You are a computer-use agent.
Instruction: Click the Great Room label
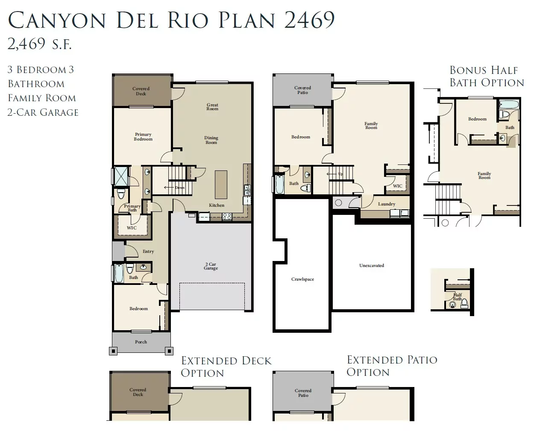pyautogui.click(x=212, y=107)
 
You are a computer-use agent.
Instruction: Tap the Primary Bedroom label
pyautogui.click(x=143, y=137)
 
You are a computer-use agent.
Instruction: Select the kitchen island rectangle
pyautogui.click(x=221, y=185)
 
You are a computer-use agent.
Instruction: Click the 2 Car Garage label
pyautogui.click(x=211, y=266)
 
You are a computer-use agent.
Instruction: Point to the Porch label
pyautogui.click(x=141, y=342)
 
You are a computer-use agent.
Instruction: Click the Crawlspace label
pyautogui.click(x=302, y=279)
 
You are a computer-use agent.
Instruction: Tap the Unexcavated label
pyautogui.click(x=372, y=265)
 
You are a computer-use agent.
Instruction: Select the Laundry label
pyautogui.click(x=387, y=204)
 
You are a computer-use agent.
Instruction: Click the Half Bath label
pyautogui.click(x=457, y=297)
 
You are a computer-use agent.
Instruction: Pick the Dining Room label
pyautogui.click(x=211, y=140)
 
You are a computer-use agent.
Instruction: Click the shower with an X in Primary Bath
pyautogui.click(x=121, y=176)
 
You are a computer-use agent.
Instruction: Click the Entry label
pyautogui.click(x=148, y=252)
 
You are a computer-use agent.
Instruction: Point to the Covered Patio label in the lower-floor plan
pyautogui.click(x=302, y=90)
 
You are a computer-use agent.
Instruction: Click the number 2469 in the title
pyautogui.click(x=309, y=20)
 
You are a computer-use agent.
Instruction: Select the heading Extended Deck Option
pyautogui.click(x=226, y=367)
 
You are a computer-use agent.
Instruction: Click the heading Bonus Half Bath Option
pyautogui.click(x=487, y=76)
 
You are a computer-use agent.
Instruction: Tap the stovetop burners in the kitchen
pyautogui.click(x=227, y=217)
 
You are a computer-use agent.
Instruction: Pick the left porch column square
pyautogui.click(x=113, y=351)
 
